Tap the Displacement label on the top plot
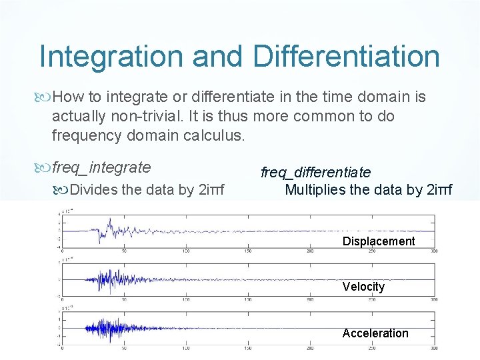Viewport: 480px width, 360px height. click(x=378, y=241)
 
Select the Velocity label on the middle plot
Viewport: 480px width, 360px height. click(x=363, y=287)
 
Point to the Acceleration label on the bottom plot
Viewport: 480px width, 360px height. click(x=375, y=333)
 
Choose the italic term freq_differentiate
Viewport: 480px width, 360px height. click(x=315, y=173)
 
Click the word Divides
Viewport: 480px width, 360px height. click(x=93, y=189)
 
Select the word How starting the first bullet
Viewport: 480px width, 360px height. click(x=67, y=97)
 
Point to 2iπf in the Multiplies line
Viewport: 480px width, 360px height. click(x=437, y=189)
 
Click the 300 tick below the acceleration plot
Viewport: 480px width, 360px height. click(x=433, y=348)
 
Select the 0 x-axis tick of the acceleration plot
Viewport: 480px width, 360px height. click(x=62, y=348)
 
